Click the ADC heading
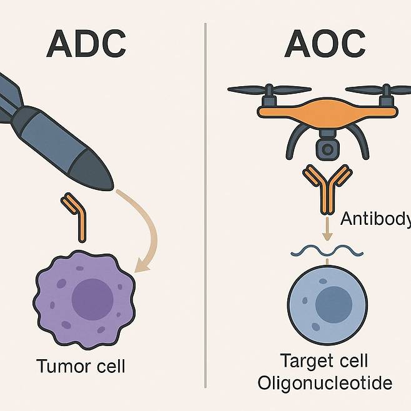click(87, 43)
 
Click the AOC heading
click(325, 43)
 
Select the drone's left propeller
click(269, 89)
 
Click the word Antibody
click(375, 219)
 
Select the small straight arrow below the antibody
click(326, 230)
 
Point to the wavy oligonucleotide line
click(327, 251)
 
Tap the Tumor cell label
click(81, 365)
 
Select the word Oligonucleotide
click(325, 382)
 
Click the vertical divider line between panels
click(205, 206)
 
